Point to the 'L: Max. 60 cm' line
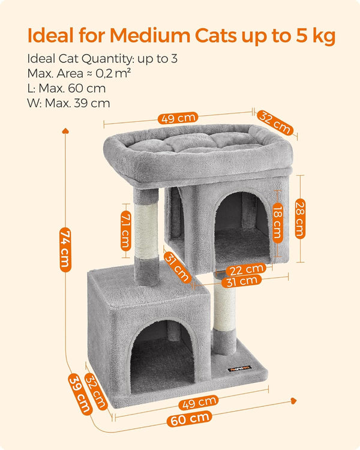(66, 88)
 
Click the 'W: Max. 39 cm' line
(68, 103)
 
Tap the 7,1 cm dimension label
(125, 230)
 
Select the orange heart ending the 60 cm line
(293, 399)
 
